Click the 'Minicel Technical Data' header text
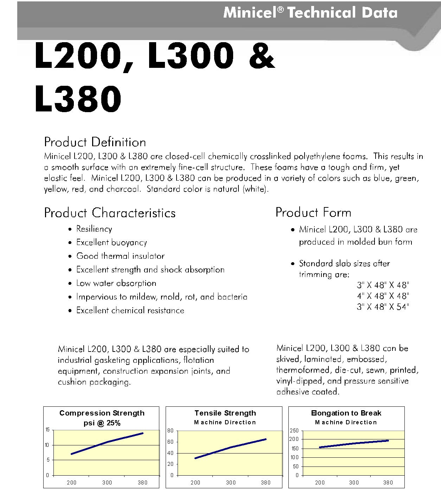(x=310, y=13)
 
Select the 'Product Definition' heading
(x=95, y=142)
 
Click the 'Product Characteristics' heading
(x=110, y=213)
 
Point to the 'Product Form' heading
(x=313, y=212)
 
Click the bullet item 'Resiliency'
(x=94, y=229)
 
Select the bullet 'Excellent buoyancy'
(x=111, y=242)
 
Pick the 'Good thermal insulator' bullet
(x=120, y=256)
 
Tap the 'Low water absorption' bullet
(x=116, y=283)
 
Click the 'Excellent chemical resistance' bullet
(x=130, y=310)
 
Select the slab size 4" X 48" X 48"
(x=383, y=296)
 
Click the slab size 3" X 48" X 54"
(x=383, y=307)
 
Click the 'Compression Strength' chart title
(x=102, y=413)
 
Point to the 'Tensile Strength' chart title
(x=225, y=413)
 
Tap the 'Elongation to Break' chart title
(x=346, y=413)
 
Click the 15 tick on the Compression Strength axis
(x=47, y=430)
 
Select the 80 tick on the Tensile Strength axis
(x=171, y=431)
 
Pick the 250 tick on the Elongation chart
(x=294, y=431)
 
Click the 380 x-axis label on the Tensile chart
(x=266, y=483)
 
